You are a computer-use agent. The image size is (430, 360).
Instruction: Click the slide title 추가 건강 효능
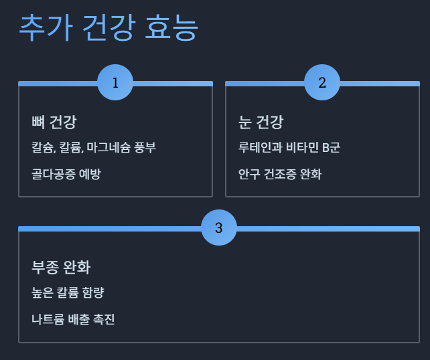pyautogui.click(x=109, y=27)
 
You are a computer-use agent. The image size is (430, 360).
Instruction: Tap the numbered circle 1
pyautogui.click(x=115, y=82)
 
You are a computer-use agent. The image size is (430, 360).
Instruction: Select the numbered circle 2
pyautogui.click(x=322, y=82)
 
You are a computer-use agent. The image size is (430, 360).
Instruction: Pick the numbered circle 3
pyautogui.click(x=219, y=228)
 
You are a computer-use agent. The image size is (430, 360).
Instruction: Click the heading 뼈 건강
pyautogui.click(x=54, y=122)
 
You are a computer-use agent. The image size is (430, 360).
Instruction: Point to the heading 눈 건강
pyautogui.click(x=261, y=122)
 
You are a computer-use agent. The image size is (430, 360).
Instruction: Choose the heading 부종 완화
pyautogui.click(x=61, y=268)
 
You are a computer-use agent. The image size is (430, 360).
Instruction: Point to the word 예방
pyautogui.click(x=90, y=174)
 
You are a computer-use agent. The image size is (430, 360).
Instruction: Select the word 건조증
pyautogui.click(x=280, y=174)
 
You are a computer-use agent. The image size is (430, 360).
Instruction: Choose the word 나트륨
pyautogui.click(x=47, y=319)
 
